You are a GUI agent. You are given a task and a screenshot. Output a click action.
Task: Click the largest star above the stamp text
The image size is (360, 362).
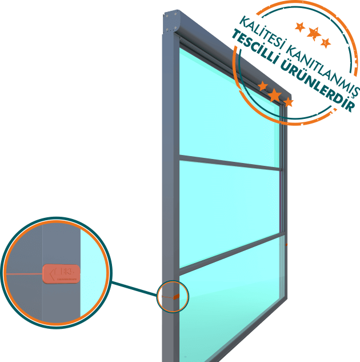coord(313,34)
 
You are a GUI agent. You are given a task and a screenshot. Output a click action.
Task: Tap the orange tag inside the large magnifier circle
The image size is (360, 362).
coord(61,273)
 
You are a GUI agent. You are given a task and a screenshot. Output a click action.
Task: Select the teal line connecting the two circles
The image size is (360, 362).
coord(135,289)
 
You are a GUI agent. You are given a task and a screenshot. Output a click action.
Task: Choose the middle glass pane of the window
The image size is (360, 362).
coord(229,212)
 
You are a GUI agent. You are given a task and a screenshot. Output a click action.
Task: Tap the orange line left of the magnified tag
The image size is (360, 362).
coord(23,274)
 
